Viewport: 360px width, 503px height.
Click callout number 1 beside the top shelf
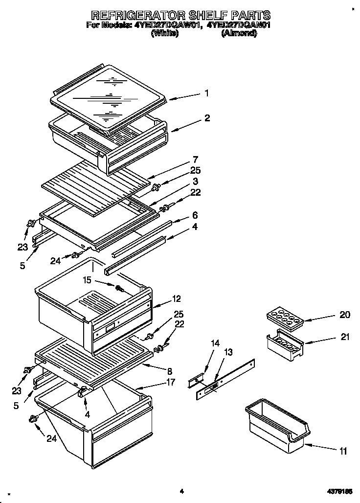coord(207,93)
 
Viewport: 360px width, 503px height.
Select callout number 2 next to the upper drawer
coord(207,118)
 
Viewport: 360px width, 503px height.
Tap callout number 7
coord(195,160)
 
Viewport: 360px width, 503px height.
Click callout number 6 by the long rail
coord(195,215)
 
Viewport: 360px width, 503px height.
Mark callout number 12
coord(177,298)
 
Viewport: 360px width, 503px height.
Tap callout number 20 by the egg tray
coord(345,315)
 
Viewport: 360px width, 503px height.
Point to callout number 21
coord(345,337)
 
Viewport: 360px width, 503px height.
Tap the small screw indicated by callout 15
coord(119,289)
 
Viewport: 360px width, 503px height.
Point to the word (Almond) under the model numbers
coord(239,33)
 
